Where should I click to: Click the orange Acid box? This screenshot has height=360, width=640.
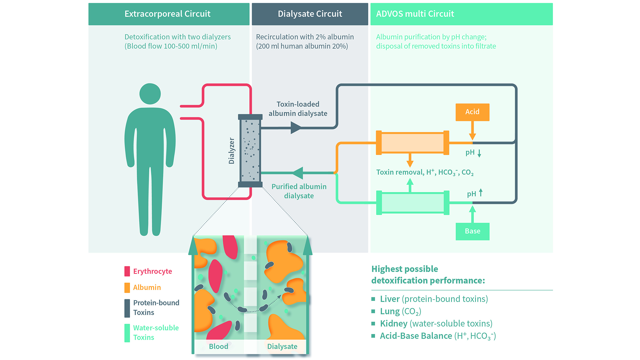[472, 112]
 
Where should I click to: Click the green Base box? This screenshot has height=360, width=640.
[472, 231]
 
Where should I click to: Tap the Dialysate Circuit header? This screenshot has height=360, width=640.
[310, 14]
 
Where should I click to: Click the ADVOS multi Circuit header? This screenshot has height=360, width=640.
[415, 14]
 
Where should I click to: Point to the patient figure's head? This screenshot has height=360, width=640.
[150, 94]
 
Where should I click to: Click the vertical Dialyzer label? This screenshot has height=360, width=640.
[231, 151]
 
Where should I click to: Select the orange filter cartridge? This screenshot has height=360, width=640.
[412, 143]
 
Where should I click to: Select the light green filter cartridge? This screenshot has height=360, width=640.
[412, 203]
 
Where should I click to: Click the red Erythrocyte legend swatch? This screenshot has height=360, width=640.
[127, 271]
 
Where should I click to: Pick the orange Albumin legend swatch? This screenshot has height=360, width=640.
[127, 287]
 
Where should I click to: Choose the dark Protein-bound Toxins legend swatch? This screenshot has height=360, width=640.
[127, 308]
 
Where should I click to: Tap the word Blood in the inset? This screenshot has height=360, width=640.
[218, 346]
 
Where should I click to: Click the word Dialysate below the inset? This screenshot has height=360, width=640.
[282, 346]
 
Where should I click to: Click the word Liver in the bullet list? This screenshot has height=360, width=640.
[390, 299]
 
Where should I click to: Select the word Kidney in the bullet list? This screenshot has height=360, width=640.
[394, 324]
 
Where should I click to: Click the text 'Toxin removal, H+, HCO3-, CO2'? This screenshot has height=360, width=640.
[425, 172]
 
